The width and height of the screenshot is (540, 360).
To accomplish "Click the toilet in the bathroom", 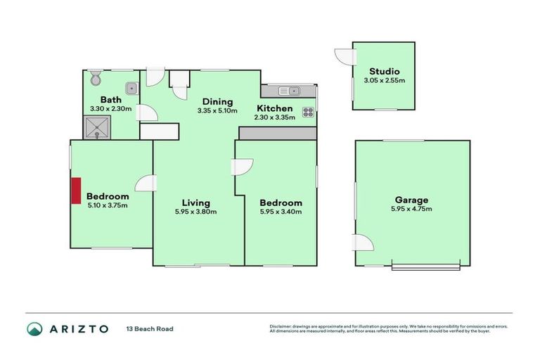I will coord(95,79).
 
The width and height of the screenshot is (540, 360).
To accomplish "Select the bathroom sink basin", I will coord(131,89).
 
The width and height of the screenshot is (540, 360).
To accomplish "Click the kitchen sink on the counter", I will coord(289,91).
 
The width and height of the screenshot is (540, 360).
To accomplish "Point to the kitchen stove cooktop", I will coord(308,111).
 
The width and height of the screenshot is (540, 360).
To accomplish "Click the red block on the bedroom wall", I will coord(75,190).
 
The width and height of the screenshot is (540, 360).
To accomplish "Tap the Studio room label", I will coord(384,72).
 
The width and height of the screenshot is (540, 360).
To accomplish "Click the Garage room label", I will coord(411,200).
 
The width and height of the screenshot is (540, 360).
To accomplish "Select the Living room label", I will coord(195,202).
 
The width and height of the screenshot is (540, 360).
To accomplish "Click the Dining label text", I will coord(218,101).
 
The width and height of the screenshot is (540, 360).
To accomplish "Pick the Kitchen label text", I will coord(274,108).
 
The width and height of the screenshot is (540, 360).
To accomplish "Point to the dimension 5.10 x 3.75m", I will coord(108,205).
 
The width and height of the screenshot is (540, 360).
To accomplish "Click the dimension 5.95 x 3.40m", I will coord(281,212).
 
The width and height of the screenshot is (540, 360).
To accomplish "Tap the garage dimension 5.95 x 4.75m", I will coord(411,209).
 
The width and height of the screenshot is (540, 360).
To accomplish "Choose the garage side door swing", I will coord(363,243).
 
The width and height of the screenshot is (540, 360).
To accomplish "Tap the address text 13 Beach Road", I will coord(150,328).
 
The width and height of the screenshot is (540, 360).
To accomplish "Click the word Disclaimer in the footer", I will coord(280,326).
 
